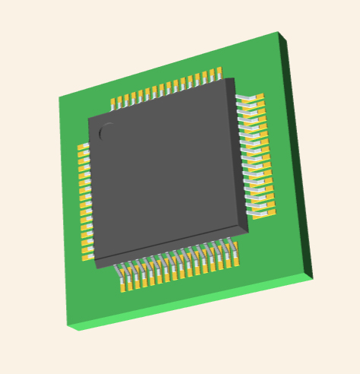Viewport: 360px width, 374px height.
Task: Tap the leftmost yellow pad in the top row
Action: tap(114, 103)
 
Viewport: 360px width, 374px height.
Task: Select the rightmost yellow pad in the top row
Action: tap(219, 73)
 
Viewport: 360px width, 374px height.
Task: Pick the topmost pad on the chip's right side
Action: tap(257, 97)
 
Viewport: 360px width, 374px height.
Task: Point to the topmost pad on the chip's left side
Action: tap(83, 147)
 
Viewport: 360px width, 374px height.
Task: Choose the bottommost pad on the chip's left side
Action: tap(87, 255)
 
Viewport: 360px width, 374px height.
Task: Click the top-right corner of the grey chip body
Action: tap(235, 78)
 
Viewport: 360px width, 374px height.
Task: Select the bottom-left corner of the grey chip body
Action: tap(95, 260)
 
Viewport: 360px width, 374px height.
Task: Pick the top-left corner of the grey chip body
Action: tap(89, 119)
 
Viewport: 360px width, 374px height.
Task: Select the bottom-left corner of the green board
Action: tap(68, 325)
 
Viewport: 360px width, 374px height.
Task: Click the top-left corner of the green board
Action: tap(59, 97)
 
